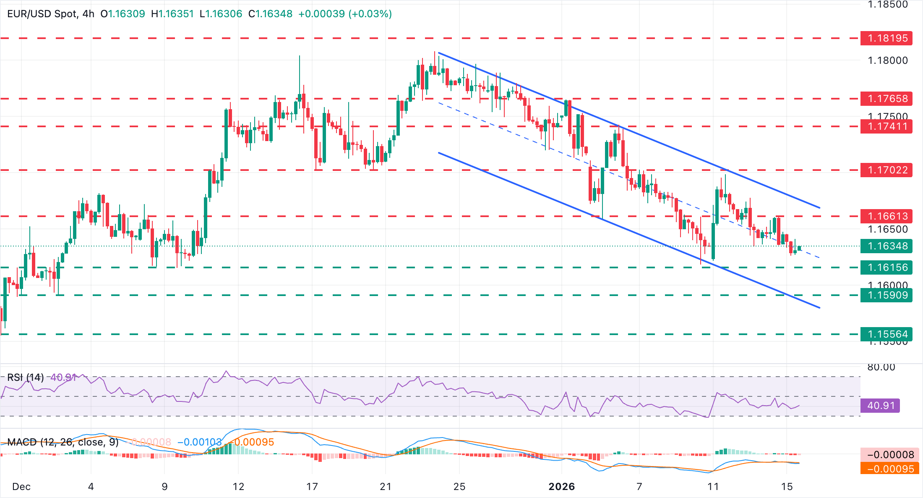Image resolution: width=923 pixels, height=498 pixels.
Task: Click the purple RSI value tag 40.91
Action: [x=881, y=406]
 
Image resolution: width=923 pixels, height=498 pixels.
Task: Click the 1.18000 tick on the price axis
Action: [x=887, y=60]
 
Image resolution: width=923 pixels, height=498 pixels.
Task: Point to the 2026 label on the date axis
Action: [x=562, y=487]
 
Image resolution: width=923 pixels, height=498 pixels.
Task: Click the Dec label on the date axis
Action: [x=21, y=487]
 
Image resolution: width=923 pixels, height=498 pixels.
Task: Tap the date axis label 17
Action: [x=312, y=487]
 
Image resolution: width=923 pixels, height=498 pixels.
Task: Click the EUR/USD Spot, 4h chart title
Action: [x=51, y=14]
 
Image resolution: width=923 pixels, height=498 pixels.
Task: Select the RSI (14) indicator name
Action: [x=26, y=377]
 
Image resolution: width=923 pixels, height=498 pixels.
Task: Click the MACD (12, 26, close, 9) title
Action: [x=63, y=442]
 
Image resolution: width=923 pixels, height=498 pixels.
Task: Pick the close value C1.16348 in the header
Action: [x=271, y=14]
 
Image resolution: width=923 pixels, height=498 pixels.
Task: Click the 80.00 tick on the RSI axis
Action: [x=881, y=367]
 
